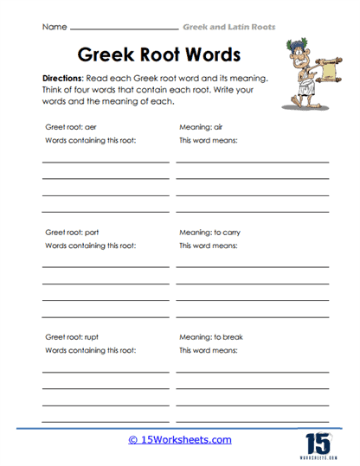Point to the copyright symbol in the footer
(x=133, y=439)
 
